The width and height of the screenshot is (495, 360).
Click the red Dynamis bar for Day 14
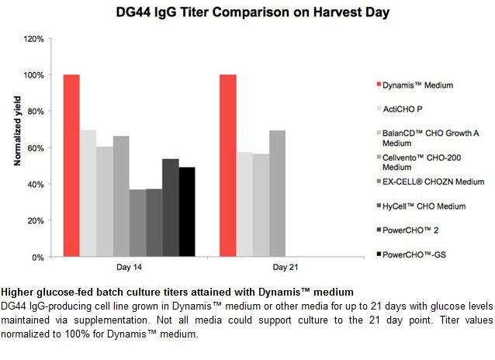(71, 165)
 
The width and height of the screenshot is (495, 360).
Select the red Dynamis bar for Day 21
(228, 165)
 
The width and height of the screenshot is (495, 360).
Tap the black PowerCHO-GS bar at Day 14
(187, 212)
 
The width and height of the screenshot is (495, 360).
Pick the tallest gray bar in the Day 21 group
(277, 193)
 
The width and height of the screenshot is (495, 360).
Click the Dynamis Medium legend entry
(415, 85)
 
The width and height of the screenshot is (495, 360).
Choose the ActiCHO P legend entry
(400, 109)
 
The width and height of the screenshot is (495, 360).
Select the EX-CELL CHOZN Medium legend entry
(431, 182)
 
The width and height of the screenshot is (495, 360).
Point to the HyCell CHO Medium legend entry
(421, 206)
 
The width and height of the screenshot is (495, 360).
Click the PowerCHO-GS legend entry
(411, 254)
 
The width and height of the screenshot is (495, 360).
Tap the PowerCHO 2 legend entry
(407, 230)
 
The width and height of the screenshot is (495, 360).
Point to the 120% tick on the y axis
(34, 39)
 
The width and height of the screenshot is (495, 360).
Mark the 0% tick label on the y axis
(38, 258)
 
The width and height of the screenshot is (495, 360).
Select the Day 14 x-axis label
(129, 267)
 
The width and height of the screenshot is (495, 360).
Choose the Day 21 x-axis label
(286, 267)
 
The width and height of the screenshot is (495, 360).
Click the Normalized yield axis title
(17, 131)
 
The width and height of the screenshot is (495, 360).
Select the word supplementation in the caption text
(111, 320)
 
